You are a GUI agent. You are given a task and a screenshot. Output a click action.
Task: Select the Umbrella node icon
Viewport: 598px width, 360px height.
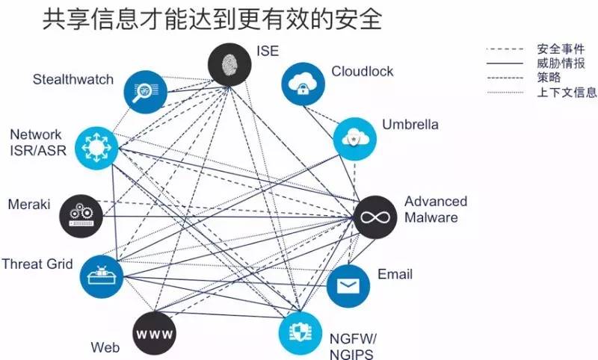click(354, 137)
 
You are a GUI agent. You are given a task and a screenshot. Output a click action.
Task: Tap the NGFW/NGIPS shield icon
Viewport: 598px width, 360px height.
click(300, 334)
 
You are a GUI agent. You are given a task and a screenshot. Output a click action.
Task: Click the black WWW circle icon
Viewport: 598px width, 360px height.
click(155, 332)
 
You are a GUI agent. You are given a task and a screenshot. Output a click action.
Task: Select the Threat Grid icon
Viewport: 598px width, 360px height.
click(101, 275)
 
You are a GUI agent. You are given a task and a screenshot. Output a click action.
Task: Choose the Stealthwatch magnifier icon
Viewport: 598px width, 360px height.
click(143, 90)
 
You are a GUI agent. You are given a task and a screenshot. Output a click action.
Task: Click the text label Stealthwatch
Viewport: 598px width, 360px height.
click(73, 80)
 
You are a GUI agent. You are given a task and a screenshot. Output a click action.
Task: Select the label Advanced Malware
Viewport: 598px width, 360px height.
click(436, 209)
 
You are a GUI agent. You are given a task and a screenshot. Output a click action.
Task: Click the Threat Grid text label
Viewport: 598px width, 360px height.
click(37, 264)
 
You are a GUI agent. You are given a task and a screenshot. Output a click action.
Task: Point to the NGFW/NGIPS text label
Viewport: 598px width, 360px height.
click(351, 346)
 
